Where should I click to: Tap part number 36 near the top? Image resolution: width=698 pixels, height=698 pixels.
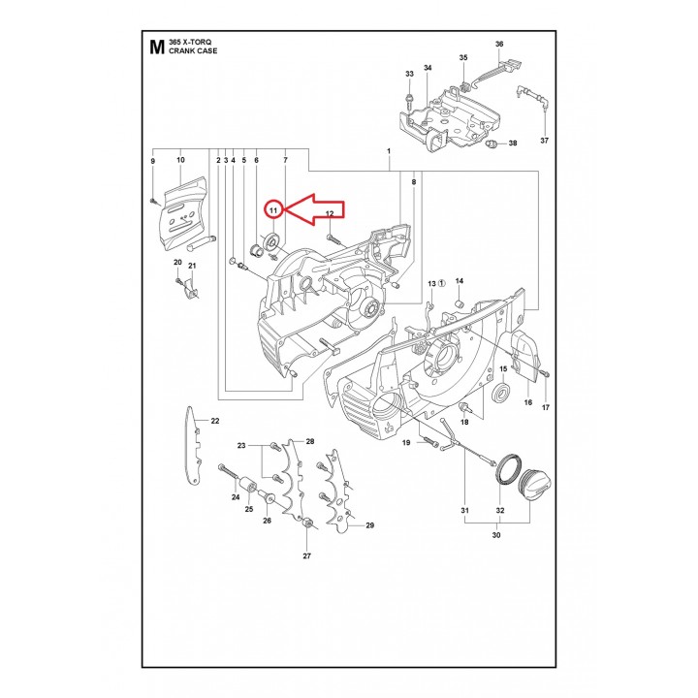point(499,45)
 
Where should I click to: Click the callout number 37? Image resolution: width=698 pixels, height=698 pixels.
point(545,141)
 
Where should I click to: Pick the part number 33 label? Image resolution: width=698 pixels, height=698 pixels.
point(409,74)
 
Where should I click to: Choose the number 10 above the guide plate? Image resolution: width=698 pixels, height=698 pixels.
point(180,160)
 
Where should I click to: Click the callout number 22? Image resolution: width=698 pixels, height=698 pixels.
point(215,421)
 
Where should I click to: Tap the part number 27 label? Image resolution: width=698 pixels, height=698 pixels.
point(306,556)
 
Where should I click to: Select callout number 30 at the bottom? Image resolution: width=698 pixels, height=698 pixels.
point(496,534)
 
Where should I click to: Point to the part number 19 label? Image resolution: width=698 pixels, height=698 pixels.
point(407,443)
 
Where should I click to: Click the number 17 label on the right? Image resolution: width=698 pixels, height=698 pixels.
point(545,407)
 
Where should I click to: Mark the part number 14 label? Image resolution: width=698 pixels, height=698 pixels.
point(460,281)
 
